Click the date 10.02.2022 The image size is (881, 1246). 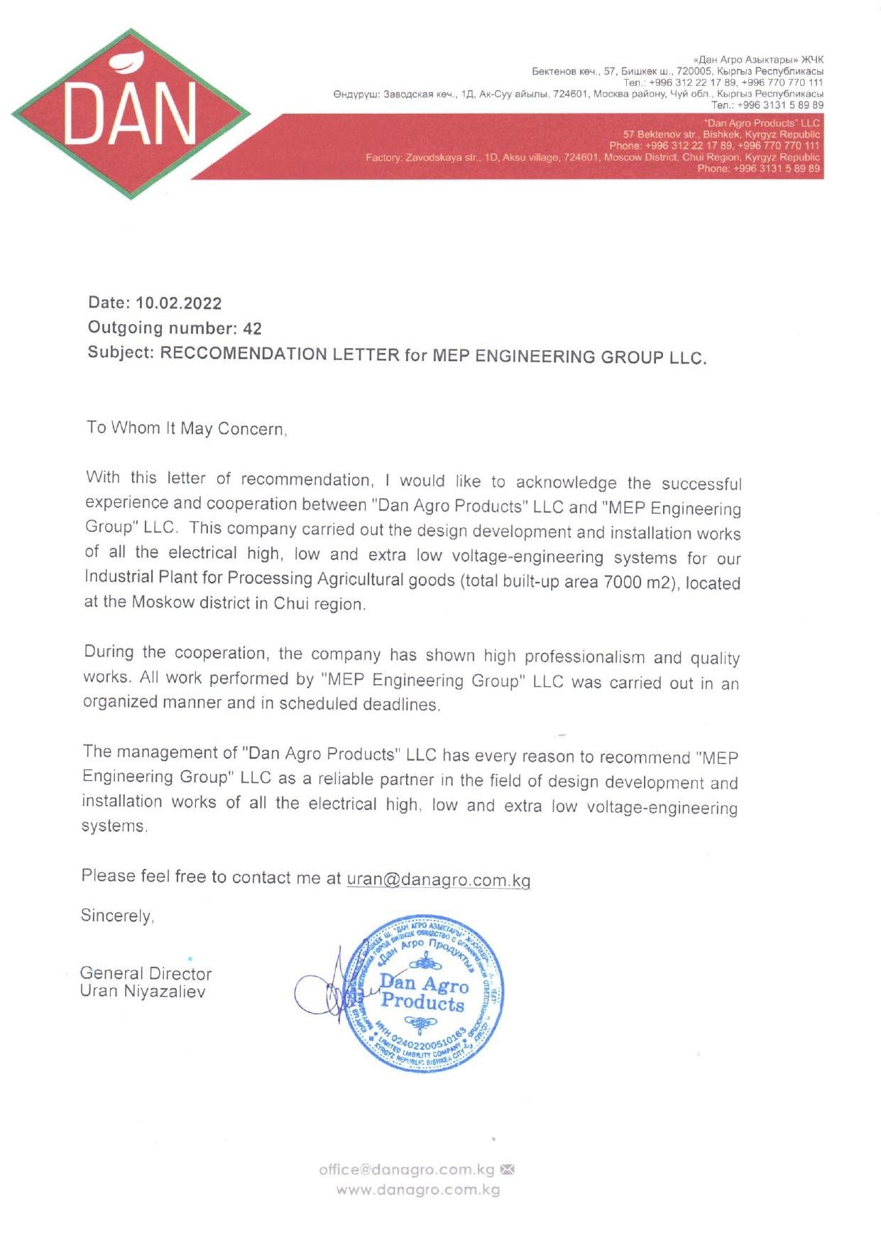[178, 303]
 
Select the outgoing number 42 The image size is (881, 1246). [252, 329]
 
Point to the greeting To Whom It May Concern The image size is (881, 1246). [186, 428]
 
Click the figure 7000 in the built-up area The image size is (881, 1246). [618, 583]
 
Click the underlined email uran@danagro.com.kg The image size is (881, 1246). [438, 879]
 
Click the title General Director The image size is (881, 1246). [146, 973]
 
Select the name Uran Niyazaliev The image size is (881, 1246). [143, 992]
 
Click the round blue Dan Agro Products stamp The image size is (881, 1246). [422, 994]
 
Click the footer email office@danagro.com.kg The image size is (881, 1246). [406, 1169]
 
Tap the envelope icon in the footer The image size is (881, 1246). [507, 1169]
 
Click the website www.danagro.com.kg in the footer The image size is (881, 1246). [418, 1190]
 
